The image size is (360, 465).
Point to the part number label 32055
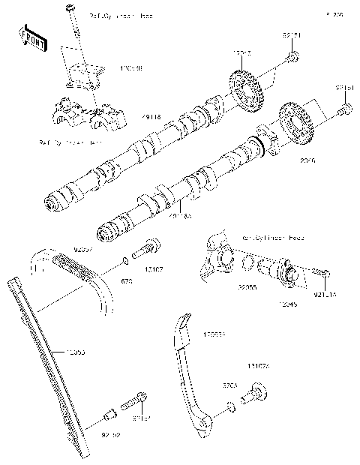tap(247, 287)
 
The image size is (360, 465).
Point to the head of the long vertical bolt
tap(71, 8)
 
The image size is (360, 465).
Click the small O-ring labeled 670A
tap(231, 406)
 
